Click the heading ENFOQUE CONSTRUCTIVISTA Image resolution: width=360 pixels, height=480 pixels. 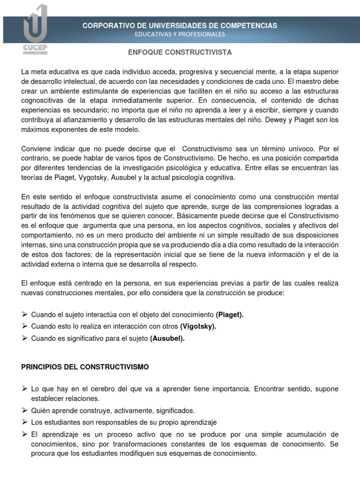pos(180,52)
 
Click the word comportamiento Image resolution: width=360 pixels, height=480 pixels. pos(48,236)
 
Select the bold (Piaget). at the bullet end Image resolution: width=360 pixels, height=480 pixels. pos(230,315)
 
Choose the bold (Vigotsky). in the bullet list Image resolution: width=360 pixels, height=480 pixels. pos(198,327)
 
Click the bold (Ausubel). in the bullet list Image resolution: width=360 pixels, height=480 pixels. pos(167,339)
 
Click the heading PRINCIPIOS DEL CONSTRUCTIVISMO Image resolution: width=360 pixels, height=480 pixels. pos(85,367)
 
